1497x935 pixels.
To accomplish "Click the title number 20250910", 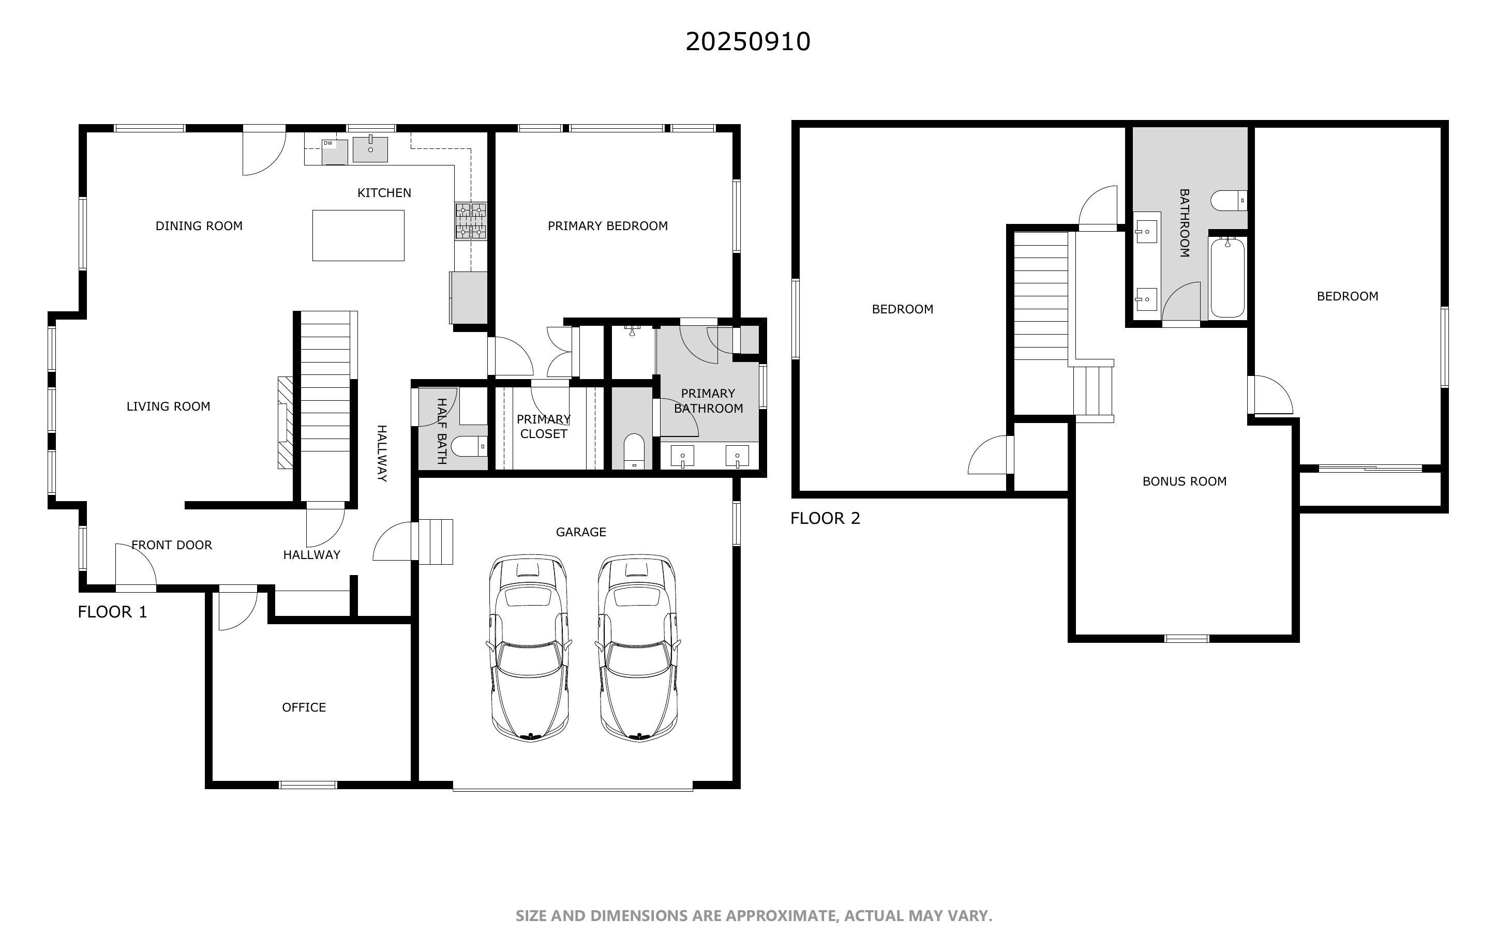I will click(x=747, y=42).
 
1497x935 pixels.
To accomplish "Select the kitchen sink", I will click(x=370, y=149).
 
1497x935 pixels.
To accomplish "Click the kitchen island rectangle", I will click(x=358, y=235).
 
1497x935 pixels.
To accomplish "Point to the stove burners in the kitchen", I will click(x=471, y=221).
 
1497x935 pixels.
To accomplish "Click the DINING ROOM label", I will click(x=199, y=225).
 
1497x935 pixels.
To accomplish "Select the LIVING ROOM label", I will click(x=168, y=406).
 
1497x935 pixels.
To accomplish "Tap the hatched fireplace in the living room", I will click(x=285, y=423).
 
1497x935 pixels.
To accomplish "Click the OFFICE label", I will click(x=304, y=707).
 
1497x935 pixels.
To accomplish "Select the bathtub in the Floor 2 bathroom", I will click(x=1227, y=278).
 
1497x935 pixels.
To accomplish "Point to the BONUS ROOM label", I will click(x=1184, y=481).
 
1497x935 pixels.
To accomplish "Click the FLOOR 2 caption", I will click(x=825, y=518).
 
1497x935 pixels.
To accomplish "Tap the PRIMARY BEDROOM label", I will click(x=607, y=225).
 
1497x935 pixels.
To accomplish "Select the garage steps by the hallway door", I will click(x=436, y=541).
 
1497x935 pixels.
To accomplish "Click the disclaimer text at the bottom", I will click(x=753, y=916).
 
